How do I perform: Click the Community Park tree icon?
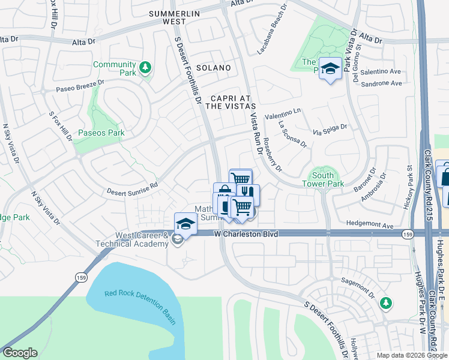coord(145,68)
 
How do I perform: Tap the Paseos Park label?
coord(101,132)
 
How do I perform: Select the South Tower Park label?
coord(322,179)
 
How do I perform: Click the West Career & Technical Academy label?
coord(132,240)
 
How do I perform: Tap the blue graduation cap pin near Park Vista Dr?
coord(330,69)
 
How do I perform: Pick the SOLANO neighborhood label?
coord(212,68)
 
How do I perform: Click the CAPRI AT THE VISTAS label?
coord(226,102)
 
